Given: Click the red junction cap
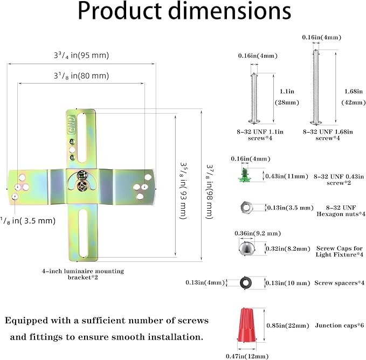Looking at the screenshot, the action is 246,325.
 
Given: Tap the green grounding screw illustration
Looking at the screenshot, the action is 244,175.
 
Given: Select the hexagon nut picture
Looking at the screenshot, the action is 246,207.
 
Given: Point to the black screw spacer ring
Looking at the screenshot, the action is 246,283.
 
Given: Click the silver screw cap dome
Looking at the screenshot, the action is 246,248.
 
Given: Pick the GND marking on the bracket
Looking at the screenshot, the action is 71,124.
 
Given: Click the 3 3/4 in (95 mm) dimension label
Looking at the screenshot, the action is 81,56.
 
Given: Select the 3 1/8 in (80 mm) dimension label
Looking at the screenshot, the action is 81,76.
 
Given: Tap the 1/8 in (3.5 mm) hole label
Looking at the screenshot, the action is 28,221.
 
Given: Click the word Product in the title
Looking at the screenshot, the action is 119,11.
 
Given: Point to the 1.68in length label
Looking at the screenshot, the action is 354,92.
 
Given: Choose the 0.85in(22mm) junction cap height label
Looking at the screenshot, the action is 288,326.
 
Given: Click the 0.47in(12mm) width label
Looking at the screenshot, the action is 247,356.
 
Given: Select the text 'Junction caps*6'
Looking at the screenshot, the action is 340,326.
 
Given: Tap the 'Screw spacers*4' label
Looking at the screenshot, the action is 339,283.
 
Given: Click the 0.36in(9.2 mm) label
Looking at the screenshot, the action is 258,233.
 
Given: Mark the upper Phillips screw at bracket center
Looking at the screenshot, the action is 82,176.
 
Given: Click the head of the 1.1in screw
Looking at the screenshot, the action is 254,121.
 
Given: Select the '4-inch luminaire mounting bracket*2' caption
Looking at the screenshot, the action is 83,274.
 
